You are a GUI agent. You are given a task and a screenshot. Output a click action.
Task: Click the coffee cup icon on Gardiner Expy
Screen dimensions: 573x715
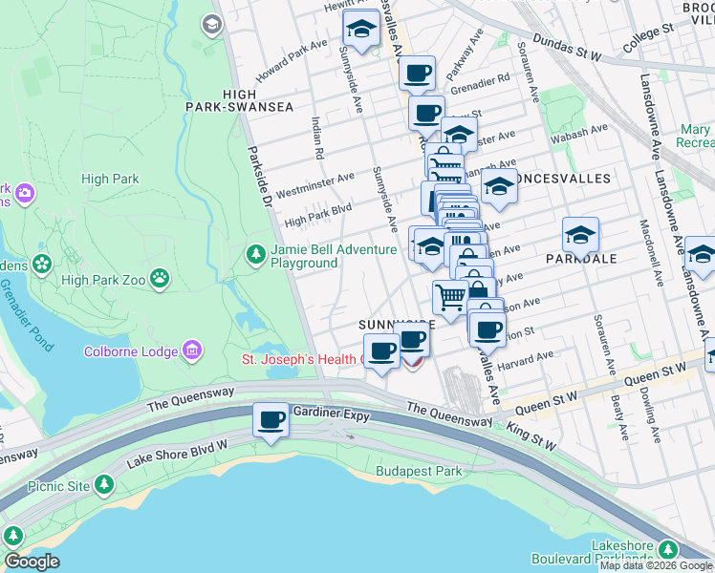click(x=271, y=419)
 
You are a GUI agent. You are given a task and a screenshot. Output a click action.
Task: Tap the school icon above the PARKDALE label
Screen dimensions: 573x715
click(x=580, y=234)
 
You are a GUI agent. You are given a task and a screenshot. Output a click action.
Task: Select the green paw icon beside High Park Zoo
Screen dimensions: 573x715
click(x=160, y=279)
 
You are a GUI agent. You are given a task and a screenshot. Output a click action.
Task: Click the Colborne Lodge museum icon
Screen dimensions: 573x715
click(x=192, y=351)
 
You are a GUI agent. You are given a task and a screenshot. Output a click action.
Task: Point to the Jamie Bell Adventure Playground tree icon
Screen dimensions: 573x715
click(x=255, y=254)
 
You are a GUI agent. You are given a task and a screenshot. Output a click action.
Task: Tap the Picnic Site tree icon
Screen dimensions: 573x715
click(x=104, y=485)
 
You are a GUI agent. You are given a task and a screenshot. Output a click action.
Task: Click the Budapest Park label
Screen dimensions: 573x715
click(x=419, y=471)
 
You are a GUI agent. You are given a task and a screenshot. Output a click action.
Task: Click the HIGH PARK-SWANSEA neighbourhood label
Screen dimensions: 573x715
click(x=257, y=100)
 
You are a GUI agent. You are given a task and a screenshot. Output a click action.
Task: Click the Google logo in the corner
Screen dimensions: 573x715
click(x=32, y=562)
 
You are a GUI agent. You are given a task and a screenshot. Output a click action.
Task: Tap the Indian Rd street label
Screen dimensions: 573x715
click(x=316, y=138)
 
